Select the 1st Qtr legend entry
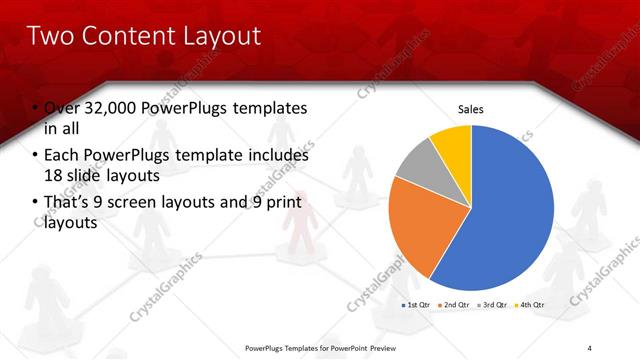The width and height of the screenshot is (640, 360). point(418,304)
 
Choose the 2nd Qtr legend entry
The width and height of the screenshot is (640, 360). point(456,304)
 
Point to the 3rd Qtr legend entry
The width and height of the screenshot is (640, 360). point(494,304)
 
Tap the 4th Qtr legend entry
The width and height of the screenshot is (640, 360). point(530,304)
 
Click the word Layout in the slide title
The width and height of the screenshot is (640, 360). point(217,37)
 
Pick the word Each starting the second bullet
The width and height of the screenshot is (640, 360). point(62,156)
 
